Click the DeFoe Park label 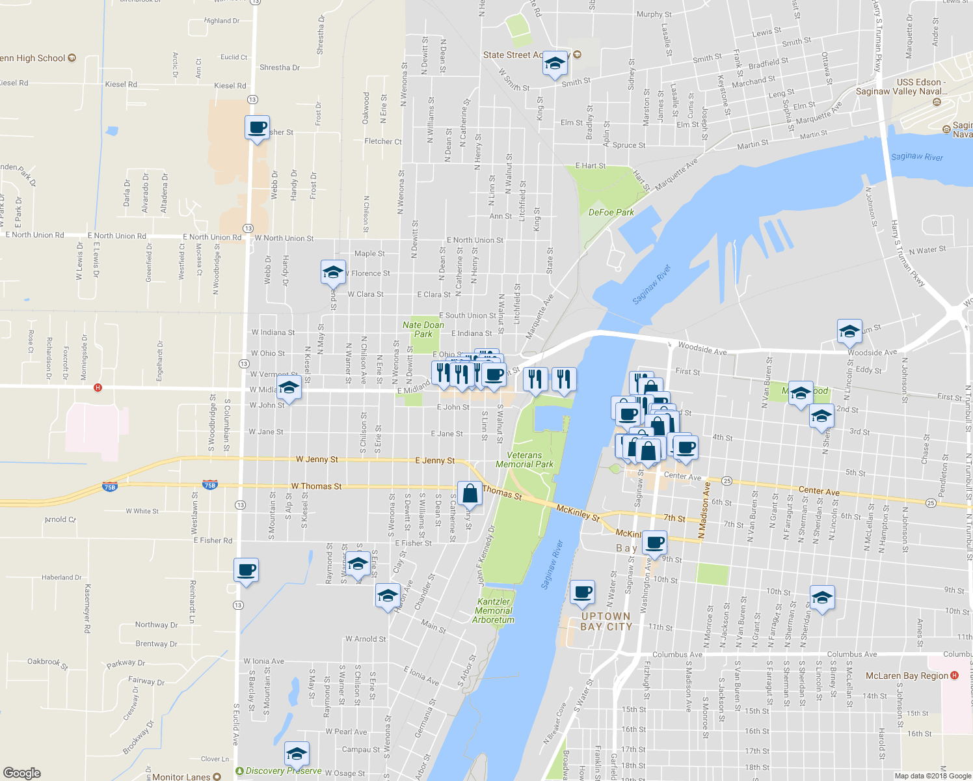tap(611, 212)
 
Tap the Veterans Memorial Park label tap(524, 460)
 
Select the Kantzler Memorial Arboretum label tap(494, 610)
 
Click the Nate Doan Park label tap(423, 329)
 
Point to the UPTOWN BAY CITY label tap(606, 622)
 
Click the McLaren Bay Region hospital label tap(907, 676)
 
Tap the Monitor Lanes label tap(181, 776)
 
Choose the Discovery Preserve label tap(283, 771)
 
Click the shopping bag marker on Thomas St tap(470, 495)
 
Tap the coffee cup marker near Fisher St tap(258, 128)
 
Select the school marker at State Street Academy tap(554, 64)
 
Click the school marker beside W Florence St tap(333, 273)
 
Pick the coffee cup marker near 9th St tap(655, 542)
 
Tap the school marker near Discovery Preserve tap(296, 754)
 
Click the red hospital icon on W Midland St tap(98, 388)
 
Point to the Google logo tap(22, 773)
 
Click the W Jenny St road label tap(317, 459)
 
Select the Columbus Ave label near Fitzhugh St tap(677, 655)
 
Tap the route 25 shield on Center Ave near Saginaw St tap(727, 481)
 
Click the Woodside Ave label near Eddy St tap(872, 353)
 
